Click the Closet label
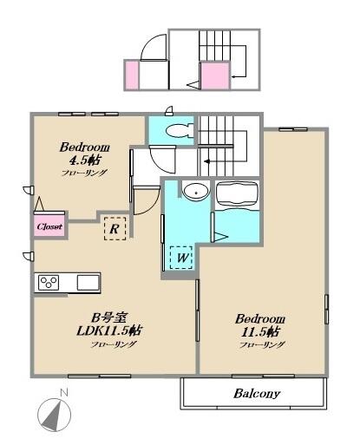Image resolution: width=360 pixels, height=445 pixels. click(49, 226)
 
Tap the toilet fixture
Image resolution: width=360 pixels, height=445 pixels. click(180, 131)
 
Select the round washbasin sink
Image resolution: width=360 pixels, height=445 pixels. click(196, 191)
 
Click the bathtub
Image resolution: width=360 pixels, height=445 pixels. click(237, 194)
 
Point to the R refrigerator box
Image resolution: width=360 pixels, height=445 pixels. click(115, 229)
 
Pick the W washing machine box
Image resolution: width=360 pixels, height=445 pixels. click(181, 258)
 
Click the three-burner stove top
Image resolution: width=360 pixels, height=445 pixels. click(49, 283)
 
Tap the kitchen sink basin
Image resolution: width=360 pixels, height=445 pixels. click(88, 282)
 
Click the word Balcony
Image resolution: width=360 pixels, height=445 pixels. click(257, 394)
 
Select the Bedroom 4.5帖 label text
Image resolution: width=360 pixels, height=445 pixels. click(84, 153)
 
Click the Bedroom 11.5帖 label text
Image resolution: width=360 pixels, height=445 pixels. click(260, 325)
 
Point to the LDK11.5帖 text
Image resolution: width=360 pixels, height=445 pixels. click(109, 330)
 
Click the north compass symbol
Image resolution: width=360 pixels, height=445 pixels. click(54, 416)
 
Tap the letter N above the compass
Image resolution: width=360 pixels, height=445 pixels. click(63, 393)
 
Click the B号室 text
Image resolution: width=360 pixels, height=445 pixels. click(108, 317)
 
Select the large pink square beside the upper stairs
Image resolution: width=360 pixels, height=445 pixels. click(215, 75)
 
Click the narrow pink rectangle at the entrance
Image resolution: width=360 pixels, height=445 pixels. click(132, 75)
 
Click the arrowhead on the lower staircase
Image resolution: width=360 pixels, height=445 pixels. click(207, 161)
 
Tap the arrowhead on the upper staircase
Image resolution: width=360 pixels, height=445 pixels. click(233, 76)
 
